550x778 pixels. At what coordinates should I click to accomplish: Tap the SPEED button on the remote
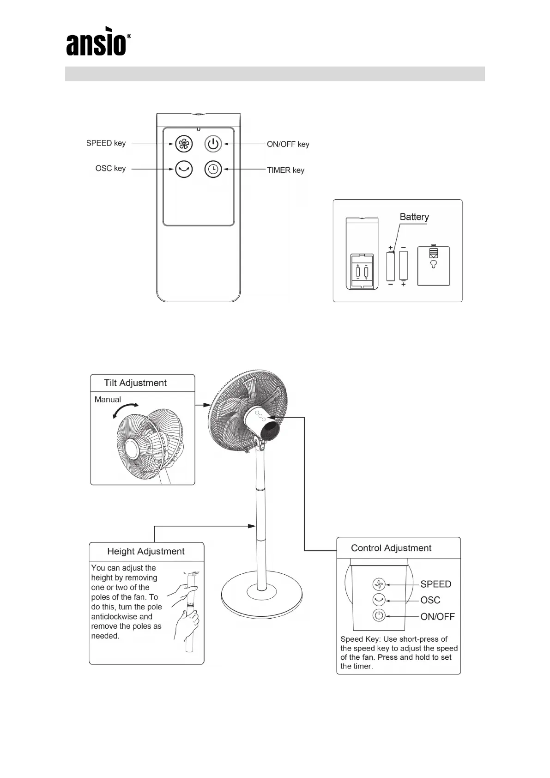(x=183, y=144)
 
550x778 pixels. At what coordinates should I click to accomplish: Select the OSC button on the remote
(x=183, y=170)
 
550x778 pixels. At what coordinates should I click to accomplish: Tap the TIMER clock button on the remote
(x=213, y=170)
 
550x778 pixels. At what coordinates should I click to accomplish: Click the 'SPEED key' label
(x=106, y=143)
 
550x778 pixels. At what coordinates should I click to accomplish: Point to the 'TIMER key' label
(x=285, y=170)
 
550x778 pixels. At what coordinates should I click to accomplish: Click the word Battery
(x=414, y=217)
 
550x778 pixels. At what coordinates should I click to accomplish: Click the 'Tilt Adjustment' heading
(x=135, y=383)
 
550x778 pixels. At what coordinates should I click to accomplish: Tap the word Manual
(x=108, y=400)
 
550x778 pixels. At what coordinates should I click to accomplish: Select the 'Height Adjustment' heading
(x=145, y=551)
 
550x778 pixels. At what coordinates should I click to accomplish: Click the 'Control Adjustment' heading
(x=391, y=548)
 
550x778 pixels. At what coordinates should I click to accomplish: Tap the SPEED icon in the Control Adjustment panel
(x=379, y=584)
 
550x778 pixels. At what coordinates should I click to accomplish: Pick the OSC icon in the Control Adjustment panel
(x=379, y=600)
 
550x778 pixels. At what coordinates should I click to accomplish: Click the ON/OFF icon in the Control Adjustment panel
(x=379, y=616)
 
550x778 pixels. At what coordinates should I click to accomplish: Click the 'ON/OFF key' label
(x=288, y=144)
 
